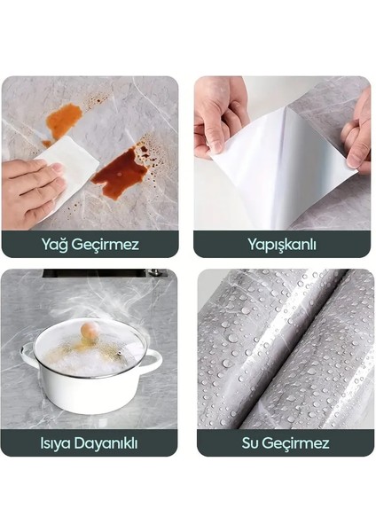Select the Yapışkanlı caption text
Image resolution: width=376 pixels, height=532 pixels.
click(x=282, y=243)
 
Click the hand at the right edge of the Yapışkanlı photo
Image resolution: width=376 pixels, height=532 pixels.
click(x=359, y=133)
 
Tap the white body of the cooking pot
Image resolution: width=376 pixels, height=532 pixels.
click(x=89, y=390)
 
